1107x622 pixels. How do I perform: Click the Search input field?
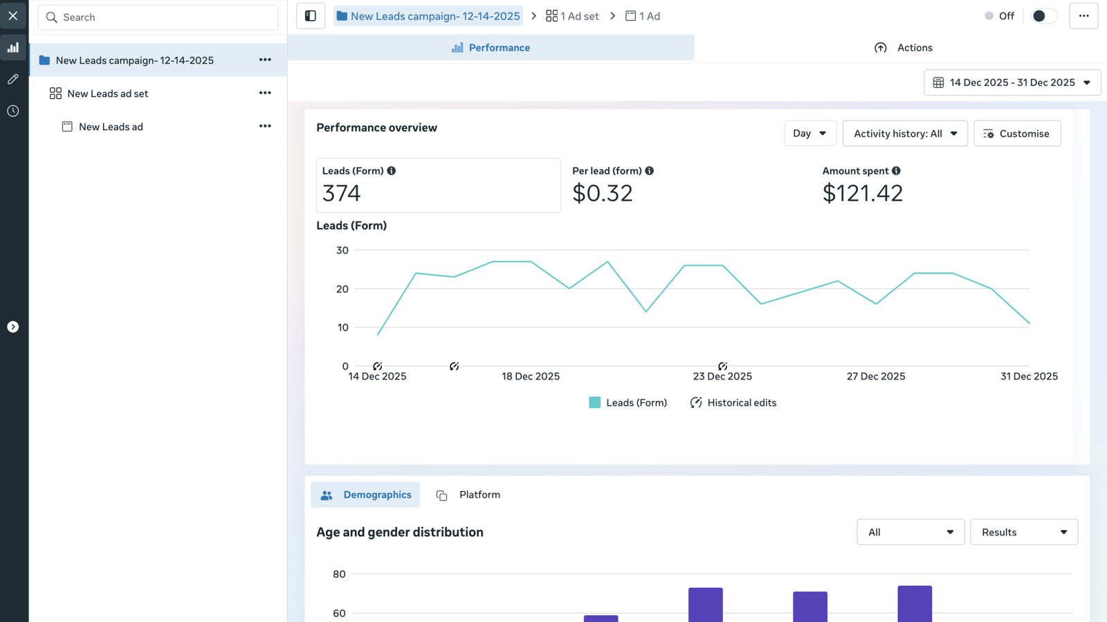point(159,17)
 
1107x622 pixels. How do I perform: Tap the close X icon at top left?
point(13,15)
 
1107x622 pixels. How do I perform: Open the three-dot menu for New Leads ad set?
point(265,93)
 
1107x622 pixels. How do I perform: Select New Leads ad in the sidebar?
point(111,127)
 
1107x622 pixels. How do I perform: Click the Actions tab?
point(904,48)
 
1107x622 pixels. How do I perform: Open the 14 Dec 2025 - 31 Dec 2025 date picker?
point(1012,82)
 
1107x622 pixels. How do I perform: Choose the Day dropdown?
point(809,134)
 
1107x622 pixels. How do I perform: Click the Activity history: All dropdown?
point(904,134)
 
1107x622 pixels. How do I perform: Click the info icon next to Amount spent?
point(896,170)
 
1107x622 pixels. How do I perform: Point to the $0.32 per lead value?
point(602,193)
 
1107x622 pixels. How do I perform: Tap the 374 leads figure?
point(341,193)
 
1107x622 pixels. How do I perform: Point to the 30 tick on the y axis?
point(342,250)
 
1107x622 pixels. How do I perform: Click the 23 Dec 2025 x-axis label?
point(722,376)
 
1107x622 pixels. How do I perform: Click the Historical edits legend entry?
point(733,402)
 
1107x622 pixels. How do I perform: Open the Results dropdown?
point(1023,532)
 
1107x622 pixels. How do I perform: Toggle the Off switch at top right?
point(1043,16)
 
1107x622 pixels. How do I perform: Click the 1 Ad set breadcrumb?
point(572,16)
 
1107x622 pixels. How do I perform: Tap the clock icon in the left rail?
point(13,111)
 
